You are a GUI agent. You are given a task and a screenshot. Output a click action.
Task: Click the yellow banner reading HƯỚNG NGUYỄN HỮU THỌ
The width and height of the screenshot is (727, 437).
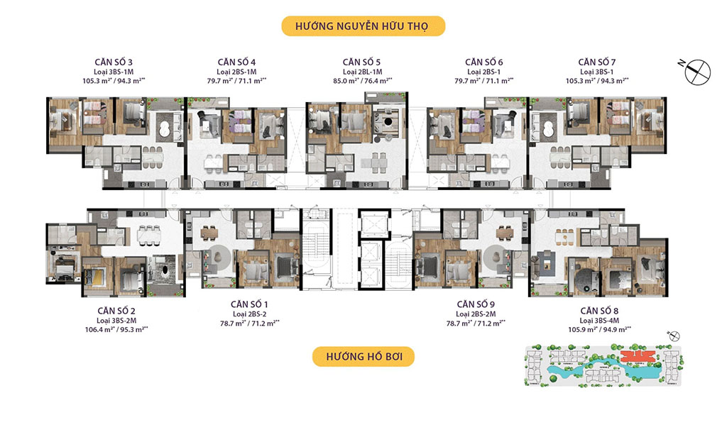(363, 27)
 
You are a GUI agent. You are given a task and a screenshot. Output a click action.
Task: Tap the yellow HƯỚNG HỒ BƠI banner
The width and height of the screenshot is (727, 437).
(363, 356)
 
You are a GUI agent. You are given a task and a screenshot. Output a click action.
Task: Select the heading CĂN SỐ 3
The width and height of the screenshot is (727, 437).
(118, 62)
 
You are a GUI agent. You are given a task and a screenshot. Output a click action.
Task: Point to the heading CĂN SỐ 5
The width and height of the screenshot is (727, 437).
(363, 62)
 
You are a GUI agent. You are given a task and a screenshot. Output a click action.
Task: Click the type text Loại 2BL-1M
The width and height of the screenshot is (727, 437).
(363, 72)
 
